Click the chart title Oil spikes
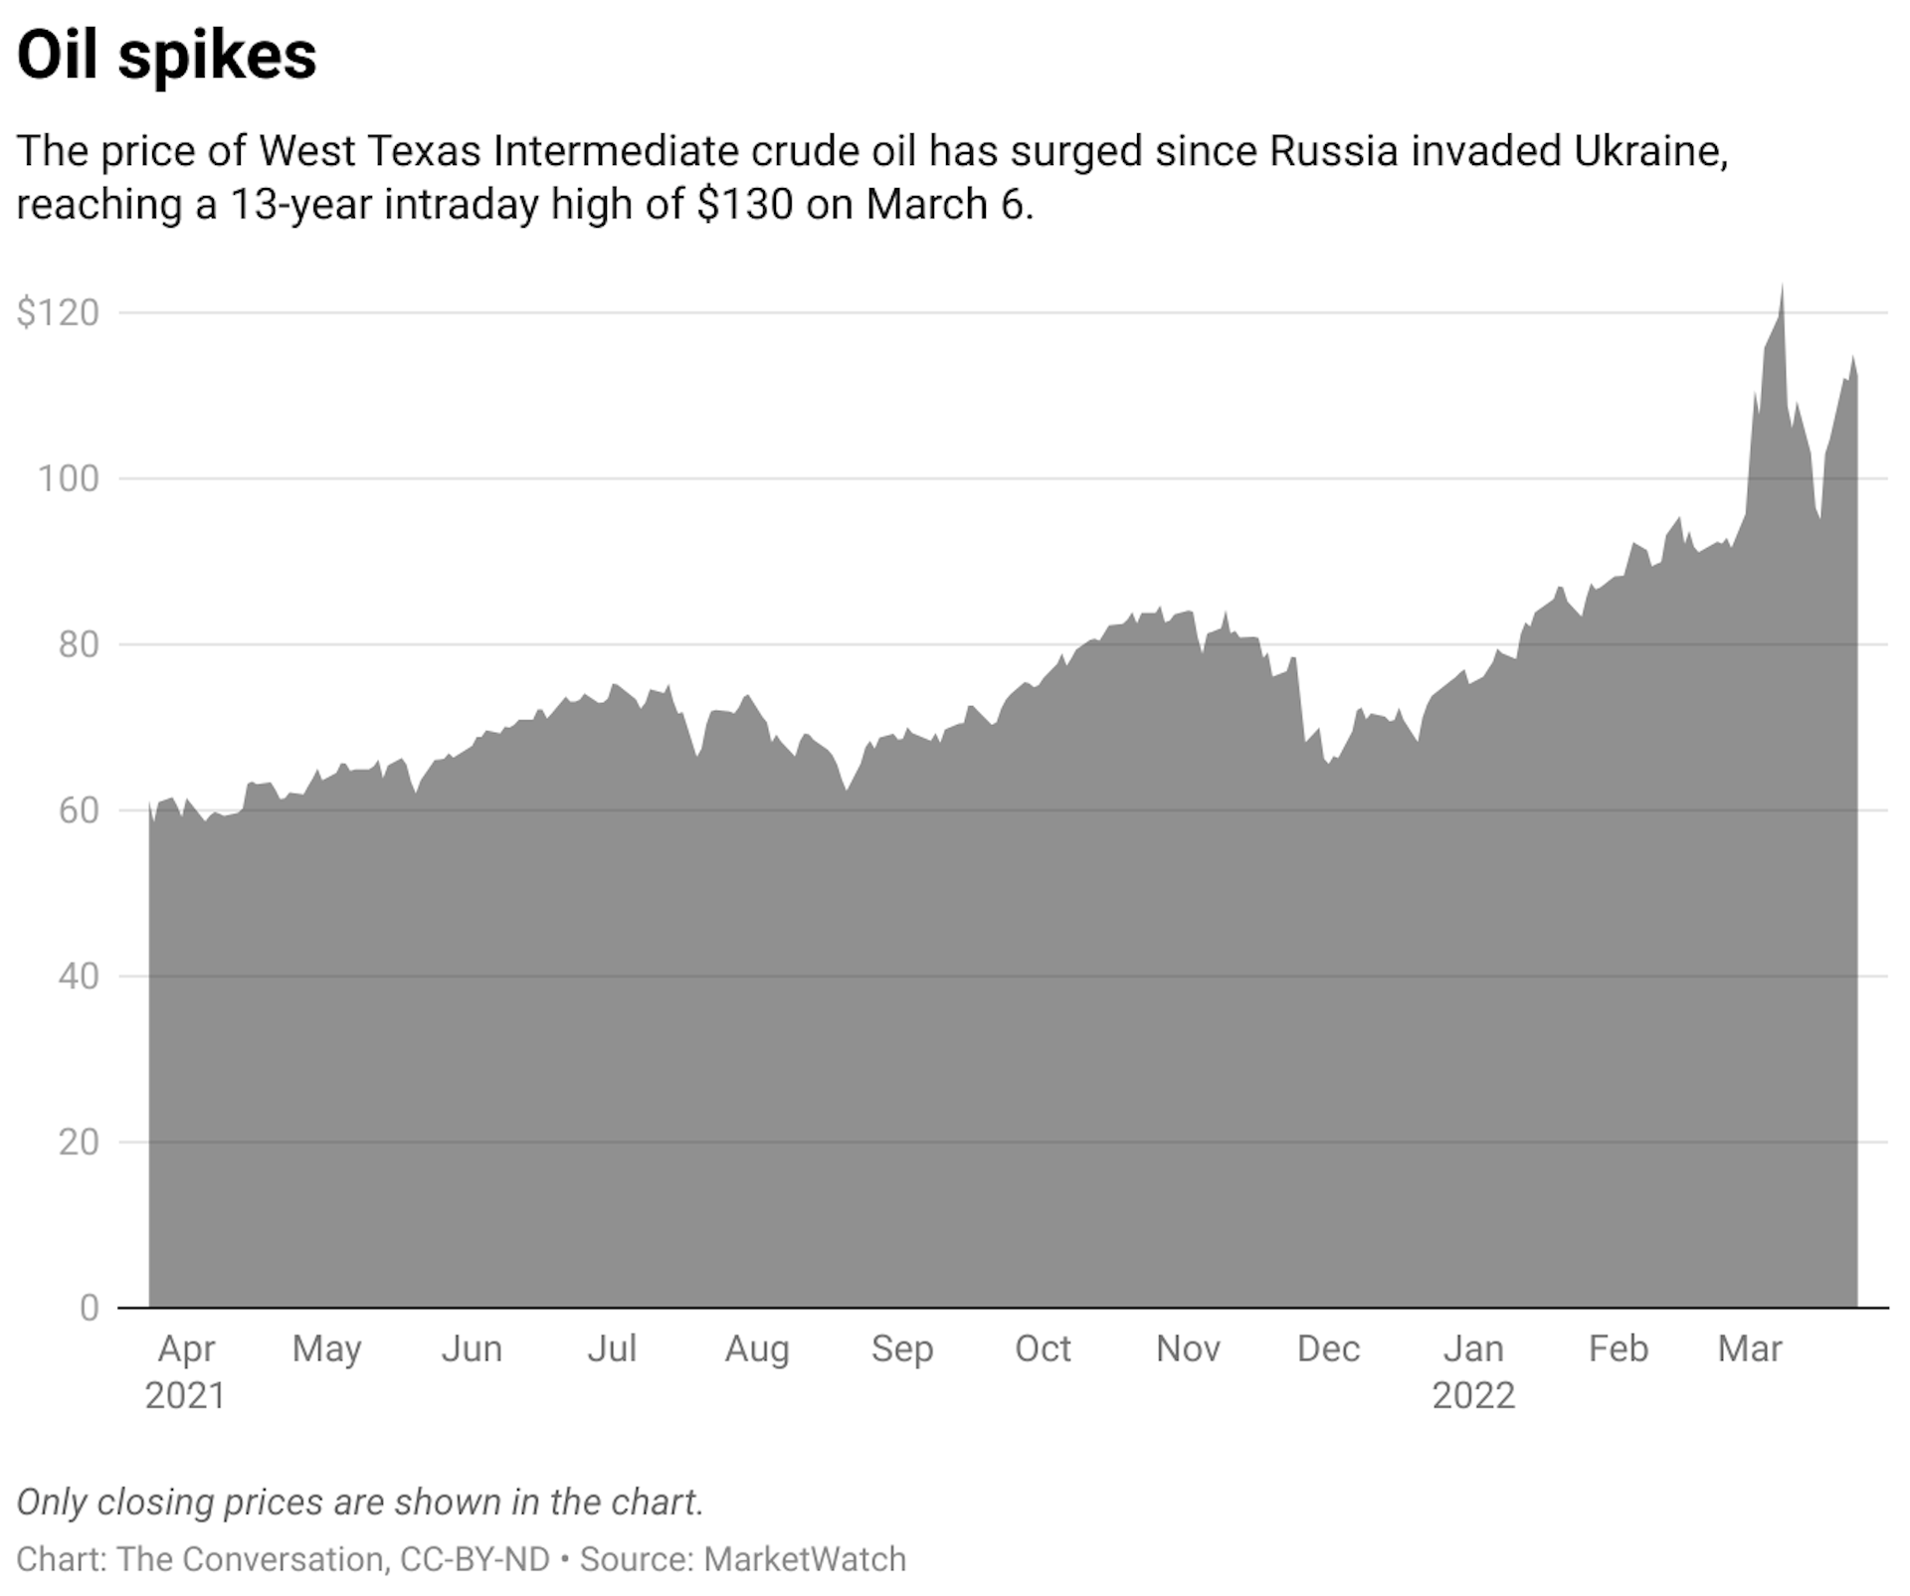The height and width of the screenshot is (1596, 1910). coord(166,56)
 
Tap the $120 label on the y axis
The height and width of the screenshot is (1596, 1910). coord(59,313)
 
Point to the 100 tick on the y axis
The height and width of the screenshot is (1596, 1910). coord(68,479)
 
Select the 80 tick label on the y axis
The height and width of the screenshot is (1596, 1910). coord(78,645)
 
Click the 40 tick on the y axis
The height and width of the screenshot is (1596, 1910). coord(78,976)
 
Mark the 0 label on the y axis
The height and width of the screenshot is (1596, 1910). coord(90,1308)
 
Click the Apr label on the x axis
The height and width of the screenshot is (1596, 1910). coord(186,1349)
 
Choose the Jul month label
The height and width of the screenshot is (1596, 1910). coord(611,1349)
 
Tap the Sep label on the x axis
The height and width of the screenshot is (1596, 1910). coord(901,1349)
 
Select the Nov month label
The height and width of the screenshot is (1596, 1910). coord(1188,1349)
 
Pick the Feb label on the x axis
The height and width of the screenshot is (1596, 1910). coord(1618,1349)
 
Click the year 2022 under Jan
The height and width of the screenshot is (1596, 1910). coord(1472,1396)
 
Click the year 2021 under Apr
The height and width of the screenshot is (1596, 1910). coord(185,1396)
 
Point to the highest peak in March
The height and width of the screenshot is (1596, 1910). coord(1782,288)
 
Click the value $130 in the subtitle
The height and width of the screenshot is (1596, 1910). coord(744,205)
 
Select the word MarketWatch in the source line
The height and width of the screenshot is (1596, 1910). coord(805,1559)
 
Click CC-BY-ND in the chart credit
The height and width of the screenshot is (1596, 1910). coord(475,1559)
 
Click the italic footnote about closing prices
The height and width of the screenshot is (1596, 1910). coord(360,1502)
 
